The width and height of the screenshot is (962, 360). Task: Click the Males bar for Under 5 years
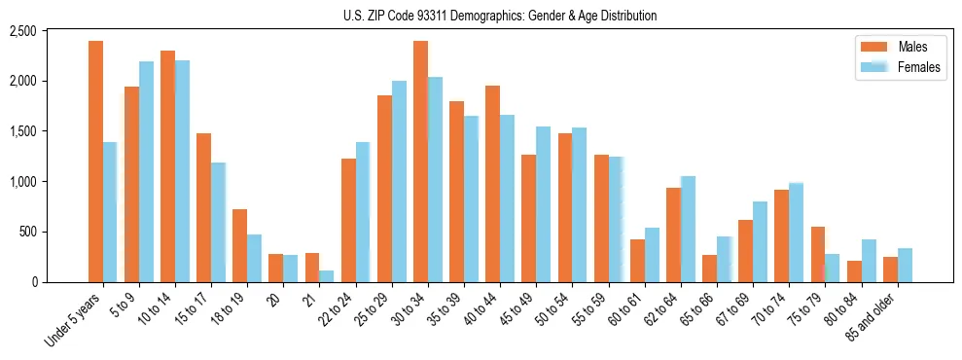point(95,162)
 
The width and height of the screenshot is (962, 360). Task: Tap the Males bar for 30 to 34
point(420,162)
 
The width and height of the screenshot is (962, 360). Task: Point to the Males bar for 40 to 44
point(492,184)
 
